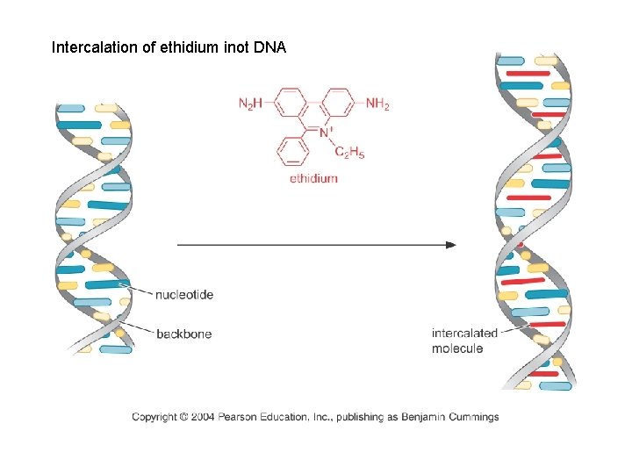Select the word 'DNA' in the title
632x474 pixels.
click(269, 47)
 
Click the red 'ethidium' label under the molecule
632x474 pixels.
click(313, 179)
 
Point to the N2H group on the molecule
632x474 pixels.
click(250, 104)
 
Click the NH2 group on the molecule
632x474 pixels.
click(377, 104)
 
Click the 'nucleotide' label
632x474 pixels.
click(184, 295)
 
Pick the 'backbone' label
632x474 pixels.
click(183, 334)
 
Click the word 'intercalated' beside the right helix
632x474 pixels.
click(464, 334)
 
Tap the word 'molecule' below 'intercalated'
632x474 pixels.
click(456, 348)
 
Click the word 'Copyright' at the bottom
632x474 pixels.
click(154, 417)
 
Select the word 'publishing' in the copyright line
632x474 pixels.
click(361, 417)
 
